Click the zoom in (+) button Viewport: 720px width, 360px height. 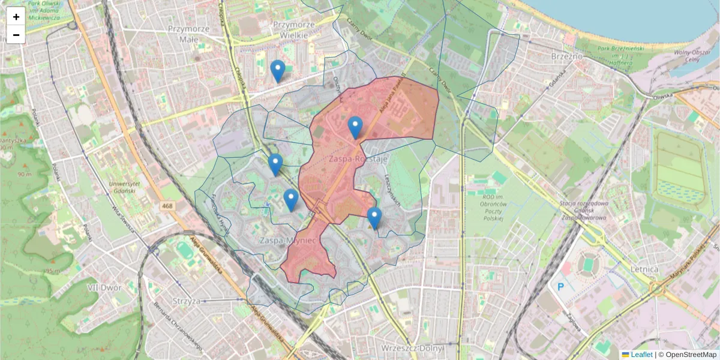point(16,17)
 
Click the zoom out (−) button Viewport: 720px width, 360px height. point(16,35)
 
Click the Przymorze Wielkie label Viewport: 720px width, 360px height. point(293,30)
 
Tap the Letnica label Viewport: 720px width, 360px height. point(644,269)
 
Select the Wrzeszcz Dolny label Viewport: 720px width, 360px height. point(412,349)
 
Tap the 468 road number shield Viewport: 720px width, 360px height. point(168,206)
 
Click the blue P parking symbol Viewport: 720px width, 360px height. point(561,287)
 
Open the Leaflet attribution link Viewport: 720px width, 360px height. point(641,355)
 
